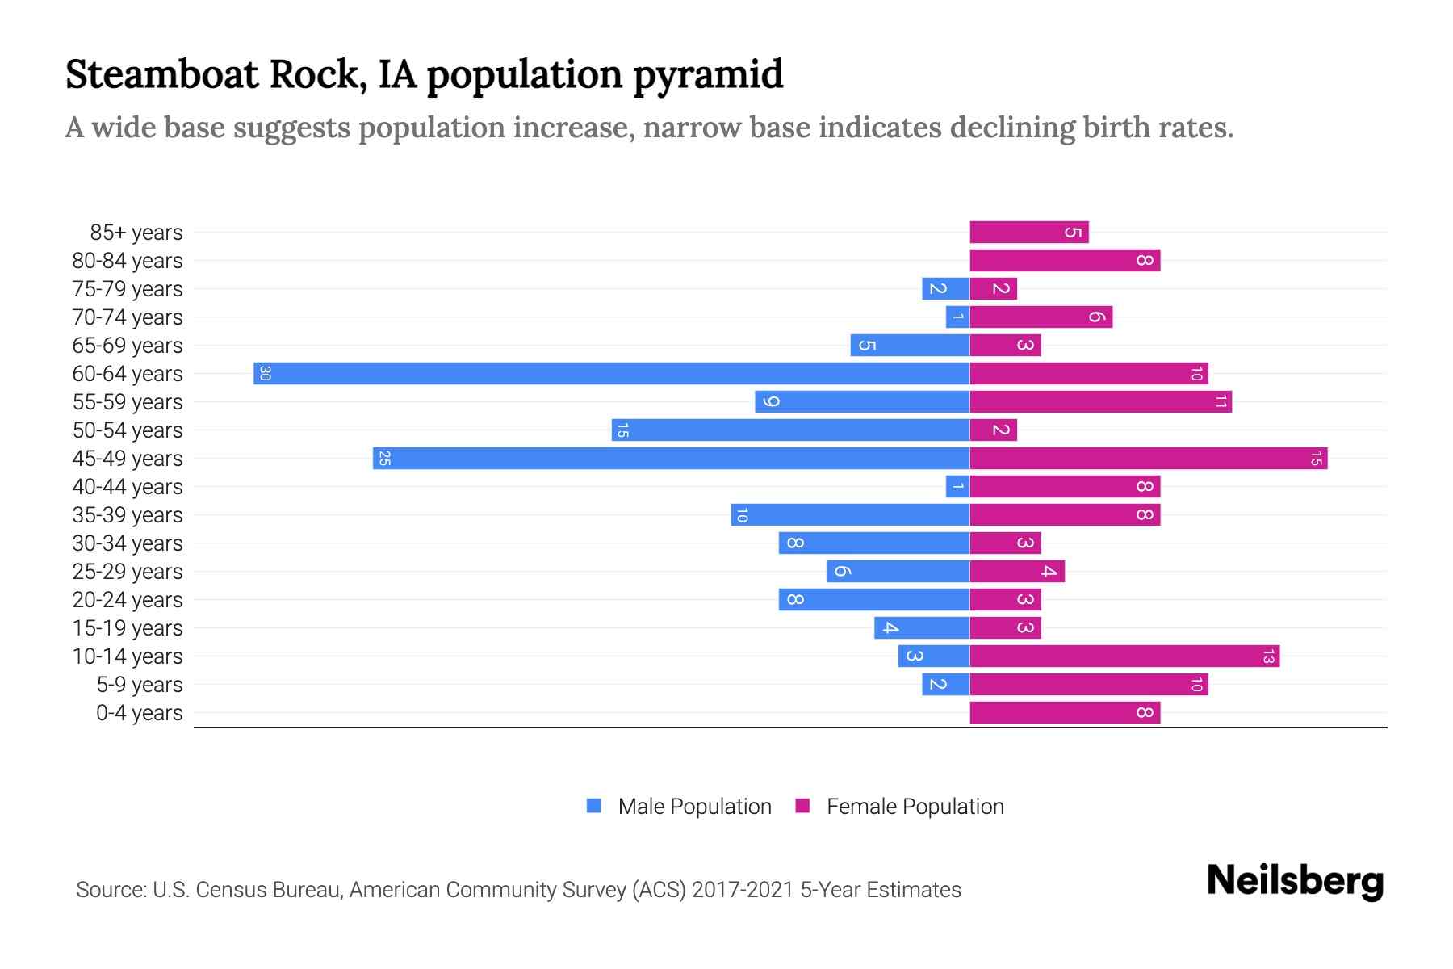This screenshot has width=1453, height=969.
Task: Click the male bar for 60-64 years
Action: tap(611, 373)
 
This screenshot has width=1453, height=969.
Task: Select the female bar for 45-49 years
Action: tap(1148, 458)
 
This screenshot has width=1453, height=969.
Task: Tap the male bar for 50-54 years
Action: tap(790, 430)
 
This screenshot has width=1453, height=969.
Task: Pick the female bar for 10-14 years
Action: tap(1124, 656)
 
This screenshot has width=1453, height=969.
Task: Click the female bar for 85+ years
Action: tap(1028, 233)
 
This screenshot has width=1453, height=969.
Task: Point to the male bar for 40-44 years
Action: tap(957, 486)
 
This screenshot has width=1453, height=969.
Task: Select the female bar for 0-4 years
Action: tap(1064, 712)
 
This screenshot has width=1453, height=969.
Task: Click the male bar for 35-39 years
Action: tap(850, 514)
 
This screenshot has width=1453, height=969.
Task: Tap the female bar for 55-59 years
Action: tap(1100, 401)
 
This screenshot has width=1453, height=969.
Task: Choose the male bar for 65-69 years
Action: tap(910, 345)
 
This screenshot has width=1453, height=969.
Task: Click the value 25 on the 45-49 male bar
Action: tap(385, 459)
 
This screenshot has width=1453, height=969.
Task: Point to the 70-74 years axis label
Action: tap(128, 317)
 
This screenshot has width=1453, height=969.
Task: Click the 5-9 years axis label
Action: tap(139, 685)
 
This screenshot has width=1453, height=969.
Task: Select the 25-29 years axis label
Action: tap(128, 572)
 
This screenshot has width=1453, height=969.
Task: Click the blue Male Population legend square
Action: tap(594, 806)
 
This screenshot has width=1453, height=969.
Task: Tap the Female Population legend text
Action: tap(915, 807)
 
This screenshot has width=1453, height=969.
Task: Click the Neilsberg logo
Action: tap(1295, 881)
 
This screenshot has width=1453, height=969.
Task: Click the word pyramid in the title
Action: tap(708, 75)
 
